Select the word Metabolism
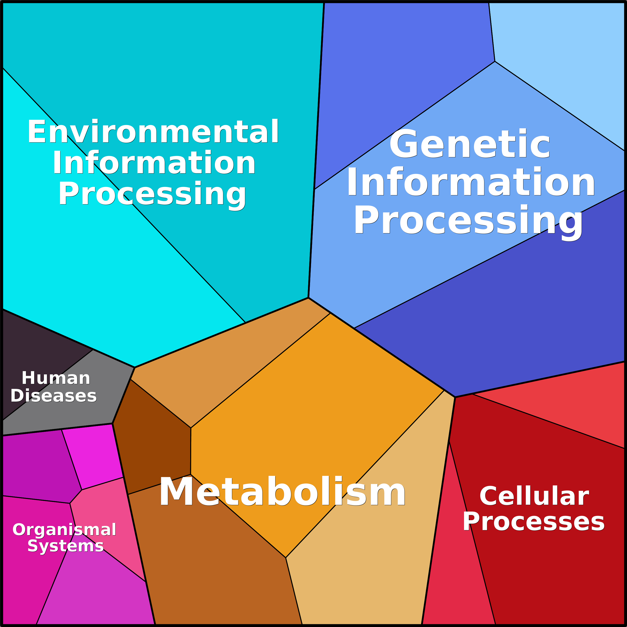(282, 492)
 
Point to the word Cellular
(534, 496)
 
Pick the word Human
(56, 378)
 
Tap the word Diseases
(54, 396)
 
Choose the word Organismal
(64, 530)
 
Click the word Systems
(66, 546)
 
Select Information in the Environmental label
(154, 163)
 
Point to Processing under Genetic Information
(468, 221)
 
